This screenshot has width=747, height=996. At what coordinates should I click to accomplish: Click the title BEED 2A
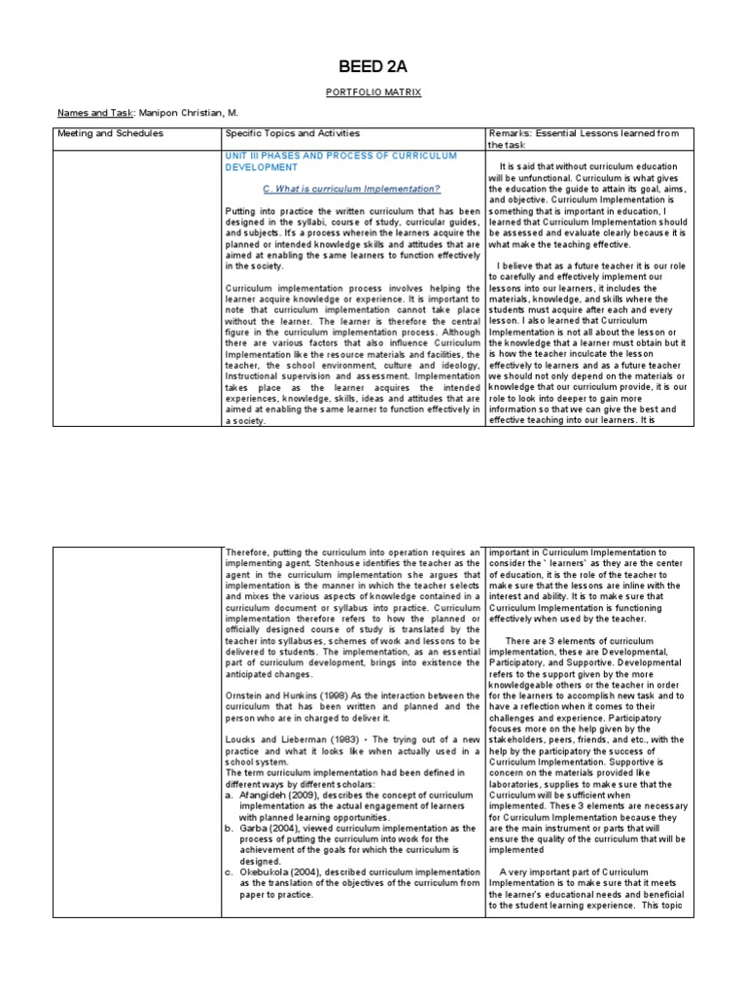pos(373,67)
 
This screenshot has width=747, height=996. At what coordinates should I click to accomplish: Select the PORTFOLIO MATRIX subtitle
pos(373,94)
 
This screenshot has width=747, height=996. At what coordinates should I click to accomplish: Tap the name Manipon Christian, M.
pos(185,114)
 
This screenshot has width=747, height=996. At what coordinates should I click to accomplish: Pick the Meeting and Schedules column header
pos(111,133)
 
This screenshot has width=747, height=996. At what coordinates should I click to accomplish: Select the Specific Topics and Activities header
pos(292,133)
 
